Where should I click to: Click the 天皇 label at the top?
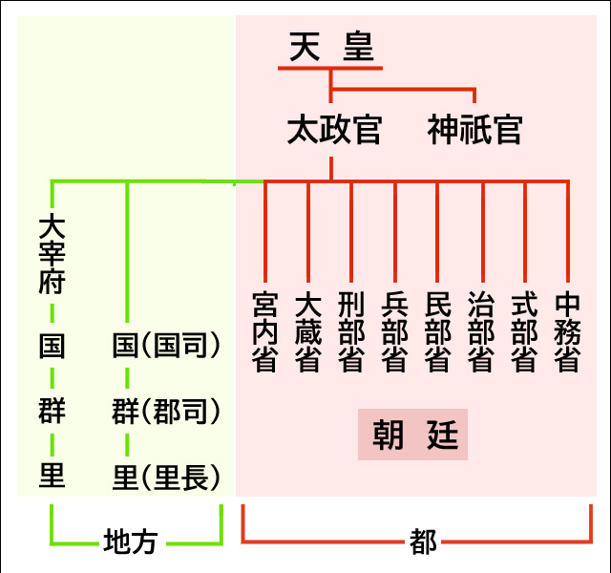pos(330,48)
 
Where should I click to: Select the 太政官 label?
pos(333,130)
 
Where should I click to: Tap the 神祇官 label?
pos(474,130)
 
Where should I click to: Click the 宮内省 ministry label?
pos(264,332)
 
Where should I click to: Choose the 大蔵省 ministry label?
pos(307,332)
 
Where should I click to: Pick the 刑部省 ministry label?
pos(351,332)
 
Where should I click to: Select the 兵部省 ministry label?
pos(394,332)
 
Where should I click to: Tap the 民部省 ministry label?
pos(437,332)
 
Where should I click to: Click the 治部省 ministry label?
pos(481,332)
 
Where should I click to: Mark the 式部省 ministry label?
pos(524,332)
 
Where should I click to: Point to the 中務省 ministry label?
pos(567,332)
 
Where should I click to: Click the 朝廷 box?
pos(413,435)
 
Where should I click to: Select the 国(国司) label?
pos(166,346)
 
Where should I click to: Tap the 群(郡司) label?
pos(166,413)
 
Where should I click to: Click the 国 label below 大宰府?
pos(52,346)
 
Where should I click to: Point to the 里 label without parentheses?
pos(52,475)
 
